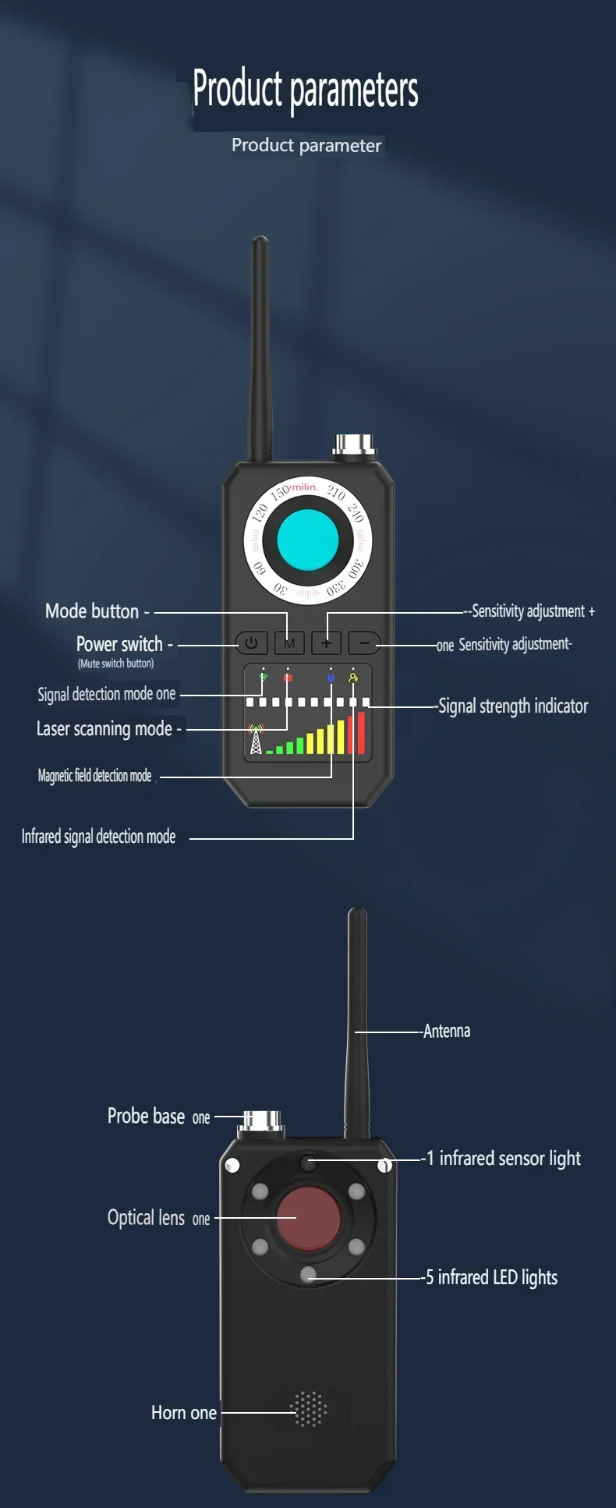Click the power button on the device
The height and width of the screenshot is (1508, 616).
[251, 643]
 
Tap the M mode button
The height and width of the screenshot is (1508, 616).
[289, 643]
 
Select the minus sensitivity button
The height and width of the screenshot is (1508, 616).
[364, 643]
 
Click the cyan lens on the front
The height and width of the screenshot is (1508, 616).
[308, 539]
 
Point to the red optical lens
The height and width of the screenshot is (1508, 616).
[309, 1217]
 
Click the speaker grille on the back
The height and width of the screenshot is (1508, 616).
[309, 1409]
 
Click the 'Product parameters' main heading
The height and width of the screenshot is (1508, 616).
[306, 89]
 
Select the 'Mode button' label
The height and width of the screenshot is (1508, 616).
[92, 611]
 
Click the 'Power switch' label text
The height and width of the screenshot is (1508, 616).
[119, 645]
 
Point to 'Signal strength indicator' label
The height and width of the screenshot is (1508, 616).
[513, 706]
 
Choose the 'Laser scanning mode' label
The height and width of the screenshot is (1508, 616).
[104, 729]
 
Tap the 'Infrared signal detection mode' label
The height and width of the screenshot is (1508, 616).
[98, 837]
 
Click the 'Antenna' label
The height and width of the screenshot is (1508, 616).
[447, 1032]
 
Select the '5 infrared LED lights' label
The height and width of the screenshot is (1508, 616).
[492, 1277]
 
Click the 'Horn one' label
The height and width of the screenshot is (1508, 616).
[184, 1413]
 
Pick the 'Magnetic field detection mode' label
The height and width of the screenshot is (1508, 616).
[94, 776]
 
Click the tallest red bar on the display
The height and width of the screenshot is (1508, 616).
[361, 732]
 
